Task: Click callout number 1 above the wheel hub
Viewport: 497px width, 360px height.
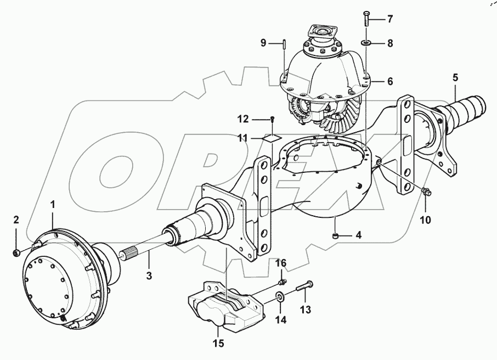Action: (x=53, y=204)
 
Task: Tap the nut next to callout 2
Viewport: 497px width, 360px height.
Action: (x=16, y=253)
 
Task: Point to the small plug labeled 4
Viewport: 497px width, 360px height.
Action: (x=334, y=237)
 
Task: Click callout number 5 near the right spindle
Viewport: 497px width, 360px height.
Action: (x=455, y=77)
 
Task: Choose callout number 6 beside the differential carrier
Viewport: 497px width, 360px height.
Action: (x=390, y=81)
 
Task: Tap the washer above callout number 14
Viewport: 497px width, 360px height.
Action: (x=280, y=298)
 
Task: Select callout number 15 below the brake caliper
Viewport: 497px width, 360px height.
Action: (x=218, y=344)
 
